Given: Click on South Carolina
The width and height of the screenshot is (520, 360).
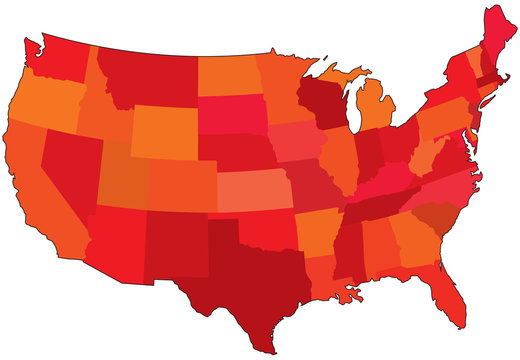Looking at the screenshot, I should [x=433, y=215].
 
